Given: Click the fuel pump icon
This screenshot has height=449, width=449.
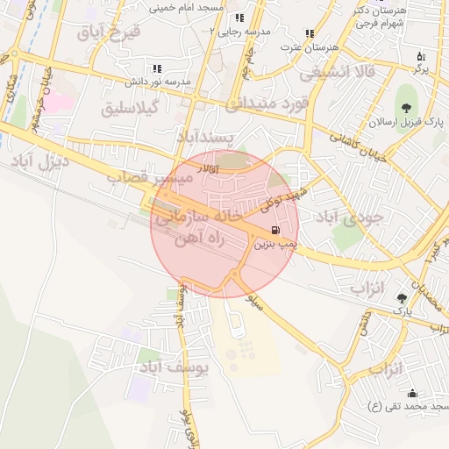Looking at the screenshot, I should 266,232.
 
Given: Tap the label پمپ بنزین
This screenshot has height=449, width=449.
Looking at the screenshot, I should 275,246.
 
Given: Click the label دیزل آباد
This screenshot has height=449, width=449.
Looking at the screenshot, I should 34,161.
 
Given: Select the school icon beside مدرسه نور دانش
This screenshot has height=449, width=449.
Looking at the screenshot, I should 157,68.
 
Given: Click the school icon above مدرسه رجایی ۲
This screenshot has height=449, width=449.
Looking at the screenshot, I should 239,18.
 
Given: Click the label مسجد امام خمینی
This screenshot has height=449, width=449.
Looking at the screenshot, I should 187,7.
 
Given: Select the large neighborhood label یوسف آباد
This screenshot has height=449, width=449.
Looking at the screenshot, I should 174,367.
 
